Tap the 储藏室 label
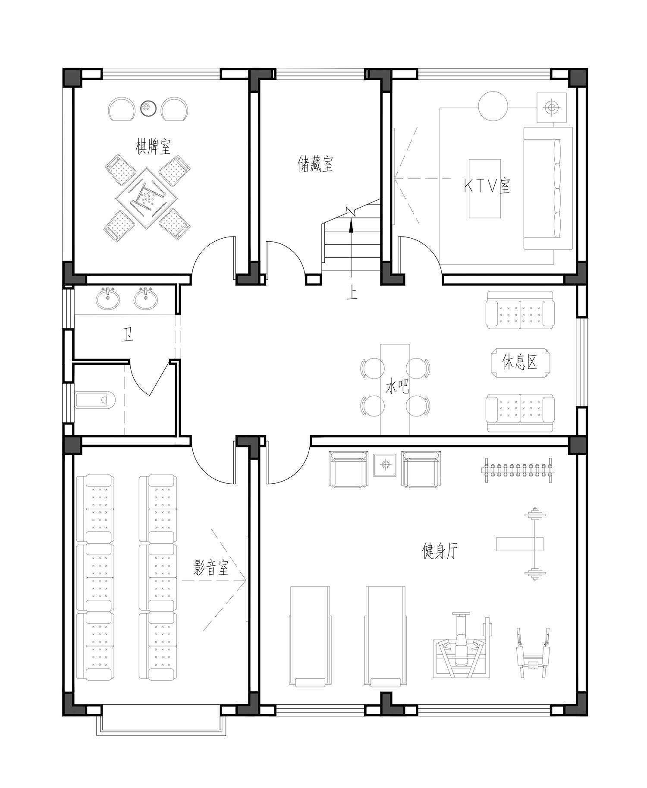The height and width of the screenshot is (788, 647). tap(315, 164)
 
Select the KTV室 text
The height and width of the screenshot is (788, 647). tap(487, 186)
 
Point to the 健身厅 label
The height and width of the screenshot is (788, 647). tap(439, 551)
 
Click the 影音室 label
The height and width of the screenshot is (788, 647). tap(211, 567)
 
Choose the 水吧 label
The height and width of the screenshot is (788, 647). tap(397, 386)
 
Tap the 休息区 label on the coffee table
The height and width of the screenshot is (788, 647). tap(520, 362)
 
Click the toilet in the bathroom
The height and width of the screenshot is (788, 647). tap(94, 400)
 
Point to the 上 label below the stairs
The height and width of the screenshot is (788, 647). tap(352, 293)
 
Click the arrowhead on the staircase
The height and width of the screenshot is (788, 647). tap(352, 224)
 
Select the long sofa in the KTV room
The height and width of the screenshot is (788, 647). tap(548, 188)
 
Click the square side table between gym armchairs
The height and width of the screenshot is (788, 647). tap(385, 465)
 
